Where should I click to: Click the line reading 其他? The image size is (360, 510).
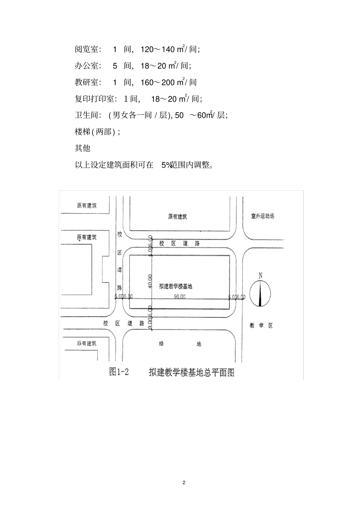point(83,148)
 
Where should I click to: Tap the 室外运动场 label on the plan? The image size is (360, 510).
point(262,216)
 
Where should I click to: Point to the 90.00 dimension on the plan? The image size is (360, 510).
point(180,297)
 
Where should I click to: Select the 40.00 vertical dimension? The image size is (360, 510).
point(150,281)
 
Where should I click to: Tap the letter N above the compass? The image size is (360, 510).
point(260,276)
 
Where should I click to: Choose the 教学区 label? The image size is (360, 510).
point(261,325)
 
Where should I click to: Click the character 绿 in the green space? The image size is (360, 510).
point(161,344)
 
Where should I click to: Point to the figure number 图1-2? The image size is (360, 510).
point(119,372)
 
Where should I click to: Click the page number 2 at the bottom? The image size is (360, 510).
point(184,483)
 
